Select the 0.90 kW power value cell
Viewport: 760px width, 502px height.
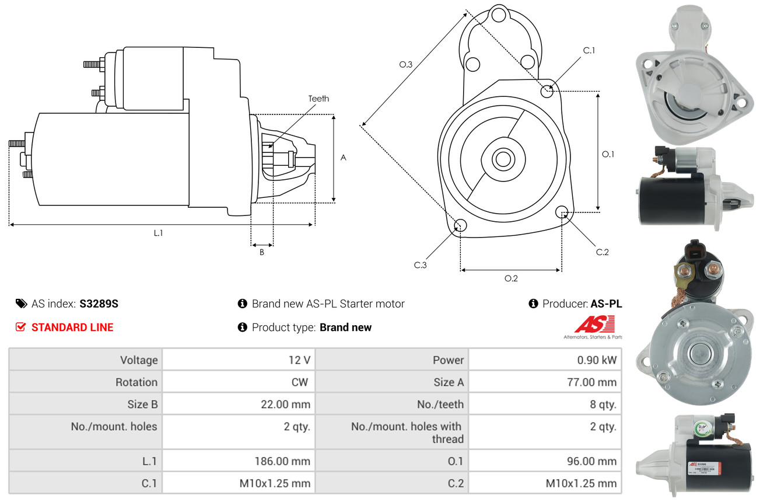point(597,360)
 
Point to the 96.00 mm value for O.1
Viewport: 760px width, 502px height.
point(592,461)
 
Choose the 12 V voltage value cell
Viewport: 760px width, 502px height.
point(299,360)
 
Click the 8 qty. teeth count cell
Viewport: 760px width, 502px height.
point(603,404)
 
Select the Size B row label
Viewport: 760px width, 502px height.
point(142,404)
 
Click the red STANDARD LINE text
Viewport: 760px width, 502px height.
point(72,327)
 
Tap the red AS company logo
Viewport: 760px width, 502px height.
point(594,324)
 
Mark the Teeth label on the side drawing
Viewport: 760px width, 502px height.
point(318,99)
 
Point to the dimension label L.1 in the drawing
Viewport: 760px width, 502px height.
point(158,233)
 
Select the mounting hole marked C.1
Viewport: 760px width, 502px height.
point(547,91)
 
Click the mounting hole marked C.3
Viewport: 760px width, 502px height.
point(460,226)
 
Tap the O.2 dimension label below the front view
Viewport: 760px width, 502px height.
point(511,278)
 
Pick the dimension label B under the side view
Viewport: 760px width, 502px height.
point(262,253)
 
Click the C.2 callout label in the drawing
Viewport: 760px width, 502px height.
point(602,252)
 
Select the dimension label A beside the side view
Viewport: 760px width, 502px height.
point(344,158)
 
